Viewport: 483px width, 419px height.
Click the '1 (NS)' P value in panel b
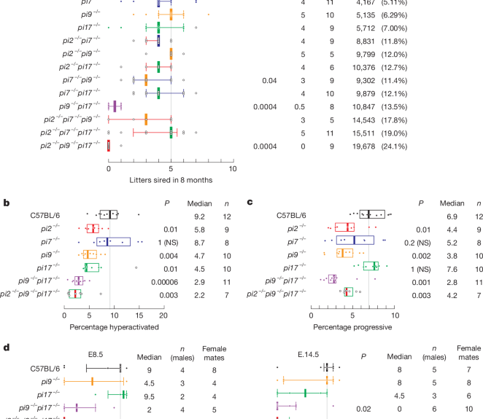click(x=164, y=240)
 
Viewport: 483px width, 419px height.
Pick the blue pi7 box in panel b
click(x=113, y=240)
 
